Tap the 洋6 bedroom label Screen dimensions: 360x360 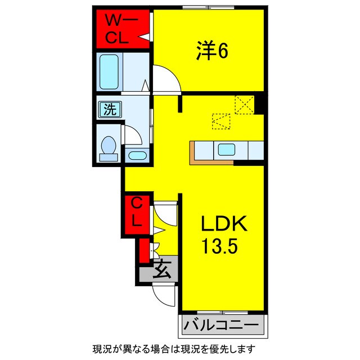[x=212, y=50]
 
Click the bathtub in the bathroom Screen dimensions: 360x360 [x=109, y=71]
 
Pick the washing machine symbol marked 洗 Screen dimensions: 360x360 [x=110, y=110]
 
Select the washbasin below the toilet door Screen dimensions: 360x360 [x=137, y=155]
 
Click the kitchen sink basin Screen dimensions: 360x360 [x=226, y=150]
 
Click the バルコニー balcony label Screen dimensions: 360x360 [x=222, y=325]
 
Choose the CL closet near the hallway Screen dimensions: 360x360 [x=136, y=213]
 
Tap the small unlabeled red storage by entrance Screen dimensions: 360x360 [x=145, y=250]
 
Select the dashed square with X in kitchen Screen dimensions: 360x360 [x=245, y=105]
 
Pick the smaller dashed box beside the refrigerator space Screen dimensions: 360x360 [x=221, y=121]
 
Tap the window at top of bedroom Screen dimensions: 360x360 [x=209, y=8]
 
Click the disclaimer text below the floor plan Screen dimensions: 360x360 [x=174, y=349]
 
